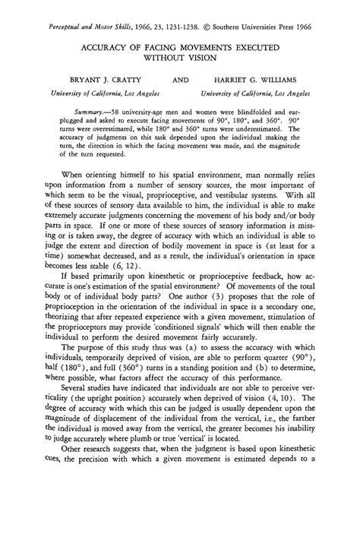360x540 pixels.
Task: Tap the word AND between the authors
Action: [x=182, y=79]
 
